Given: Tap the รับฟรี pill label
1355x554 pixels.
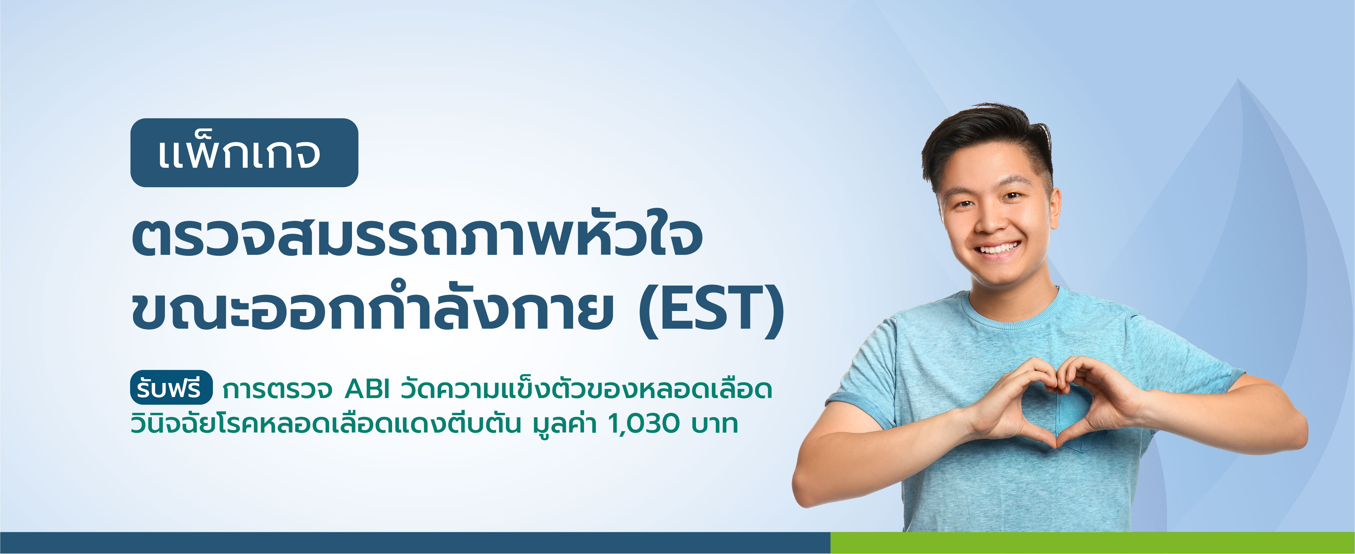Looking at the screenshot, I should tap(171, 388).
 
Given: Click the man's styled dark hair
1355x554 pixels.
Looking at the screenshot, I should tap(989, 137).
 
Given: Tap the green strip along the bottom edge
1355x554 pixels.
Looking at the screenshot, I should tap(1092, 542).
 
